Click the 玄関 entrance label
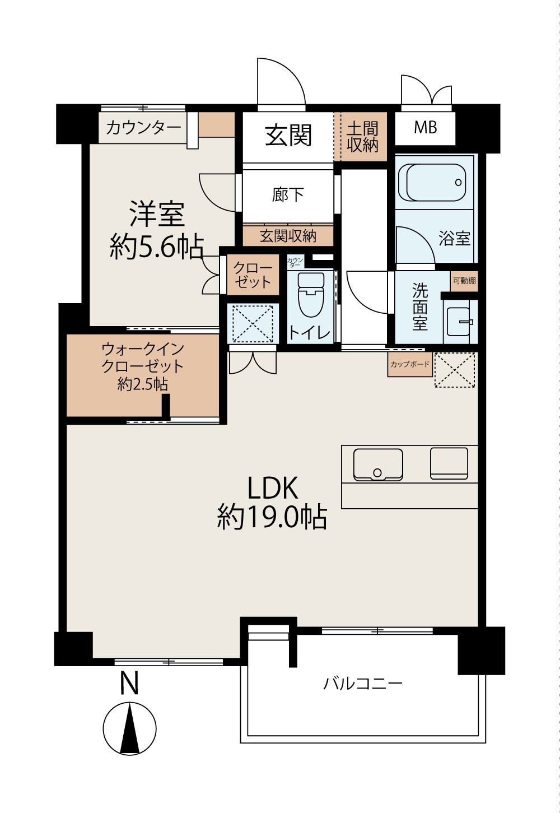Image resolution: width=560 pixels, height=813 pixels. pos(288,136)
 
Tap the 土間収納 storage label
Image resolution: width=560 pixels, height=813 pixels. pos(362,137)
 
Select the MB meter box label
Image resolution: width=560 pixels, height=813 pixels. pos(426,127)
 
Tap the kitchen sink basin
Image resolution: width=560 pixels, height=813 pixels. pos(378,465)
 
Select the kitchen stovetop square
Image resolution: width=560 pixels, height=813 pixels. pos(449,463)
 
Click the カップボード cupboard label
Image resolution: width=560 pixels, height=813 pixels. pos(410,364)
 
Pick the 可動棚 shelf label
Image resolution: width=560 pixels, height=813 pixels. pos(464,281)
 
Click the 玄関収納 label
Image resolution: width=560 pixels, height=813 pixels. pos(288,236)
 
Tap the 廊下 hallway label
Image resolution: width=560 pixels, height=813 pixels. pos(288,194)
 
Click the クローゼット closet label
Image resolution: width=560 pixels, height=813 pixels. pos(253,275)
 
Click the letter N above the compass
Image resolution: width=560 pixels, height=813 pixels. pos(129,684)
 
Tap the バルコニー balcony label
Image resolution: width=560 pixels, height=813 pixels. pos(363,684)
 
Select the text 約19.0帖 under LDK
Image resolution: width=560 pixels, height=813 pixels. pos(272,517)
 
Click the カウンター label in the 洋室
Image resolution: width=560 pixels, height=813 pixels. pos(143,128)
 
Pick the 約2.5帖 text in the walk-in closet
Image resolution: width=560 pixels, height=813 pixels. pos(143,384)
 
